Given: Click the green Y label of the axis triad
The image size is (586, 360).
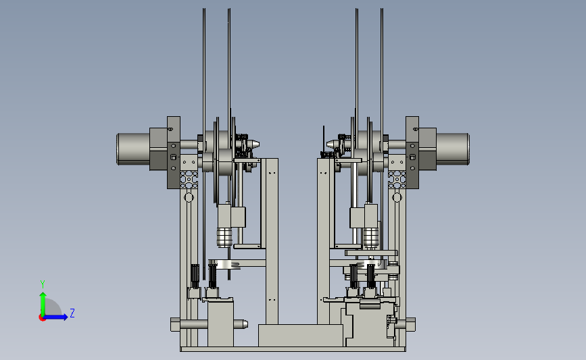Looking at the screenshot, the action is pyautogui.click(x=42, y=284).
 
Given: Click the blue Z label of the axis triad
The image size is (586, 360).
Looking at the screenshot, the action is pyautogui.click(x=72, y=313).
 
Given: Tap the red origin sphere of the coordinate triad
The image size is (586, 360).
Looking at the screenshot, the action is pyautogui.click(x=42, y=317).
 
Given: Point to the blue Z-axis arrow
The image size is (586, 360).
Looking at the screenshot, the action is pyautogui.click(x=56, y=317).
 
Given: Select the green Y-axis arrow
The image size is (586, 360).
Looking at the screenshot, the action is pyautogui.click(x=43, y=304).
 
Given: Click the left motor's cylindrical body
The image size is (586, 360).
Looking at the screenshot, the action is pyautogui.click(x=133, y=149).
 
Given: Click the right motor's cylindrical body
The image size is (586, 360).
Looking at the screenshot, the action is pyautogui.click(x=453, y=149).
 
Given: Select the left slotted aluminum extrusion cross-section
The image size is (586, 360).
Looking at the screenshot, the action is pyautogui.click(x=189, y=180).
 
